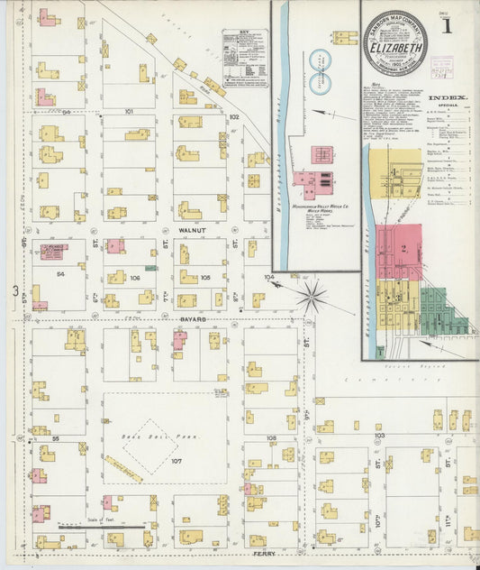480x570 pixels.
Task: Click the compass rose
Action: point(312,295)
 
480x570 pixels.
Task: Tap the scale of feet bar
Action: point(100,526)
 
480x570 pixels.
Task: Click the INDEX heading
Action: point(447,97)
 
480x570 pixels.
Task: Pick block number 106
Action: point(135,278)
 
